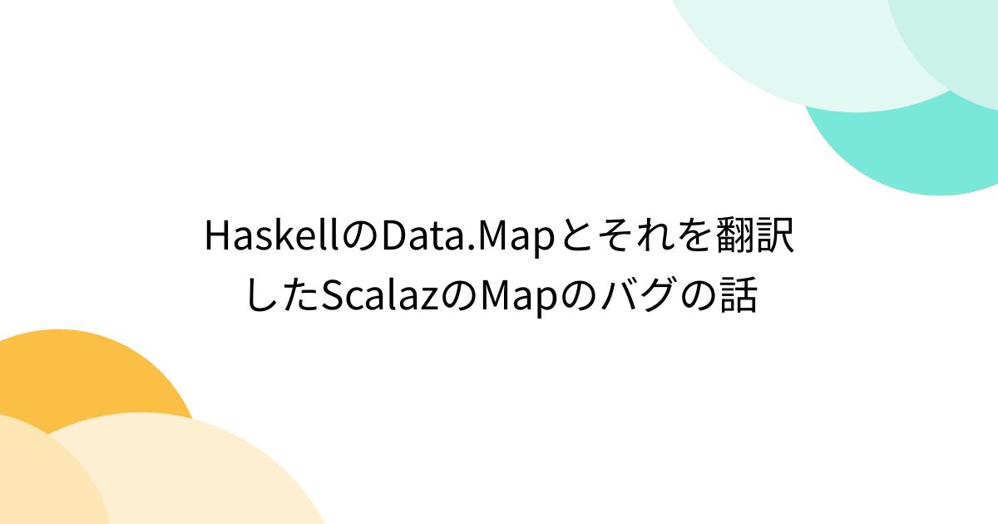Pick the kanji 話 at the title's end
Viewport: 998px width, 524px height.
(739, 296)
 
